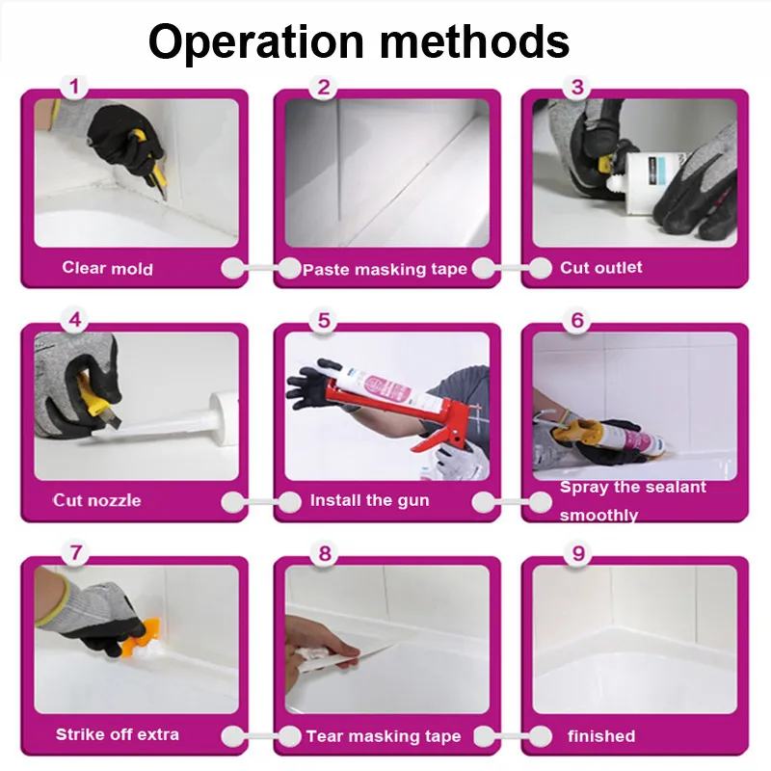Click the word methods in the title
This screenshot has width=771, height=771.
click(x=475, y=41)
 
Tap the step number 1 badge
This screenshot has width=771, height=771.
click(x=74, y=87)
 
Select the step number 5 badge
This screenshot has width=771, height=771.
click(x=324, y=321)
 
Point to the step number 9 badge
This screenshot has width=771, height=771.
click(x=577, y=553)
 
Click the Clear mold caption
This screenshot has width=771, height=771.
click(x=107, y=268)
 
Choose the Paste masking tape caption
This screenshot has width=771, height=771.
click(x=385, y=270)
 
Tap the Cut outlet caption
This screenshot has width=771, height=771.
click(x=600, y=268)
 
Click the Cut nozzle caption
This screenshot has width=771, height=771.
click(x=97, y=500)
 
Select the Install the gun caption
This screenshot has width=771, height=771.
click(x=370, y=500)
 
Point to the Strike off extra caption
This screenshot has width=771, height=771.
click(x=117, y=734)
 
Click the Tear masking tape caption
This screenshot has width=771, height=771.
click(x=384, y=736)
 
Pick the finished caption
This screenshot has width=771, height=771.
click(x=601, y=736)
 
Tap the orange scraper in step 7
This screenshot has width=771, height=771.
click(x=140, y=638)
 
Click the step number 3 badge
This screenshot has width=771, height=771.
click(x=577, y=87)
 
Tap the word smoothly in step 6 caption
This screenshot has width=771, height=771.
click(x=598, y=516)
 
